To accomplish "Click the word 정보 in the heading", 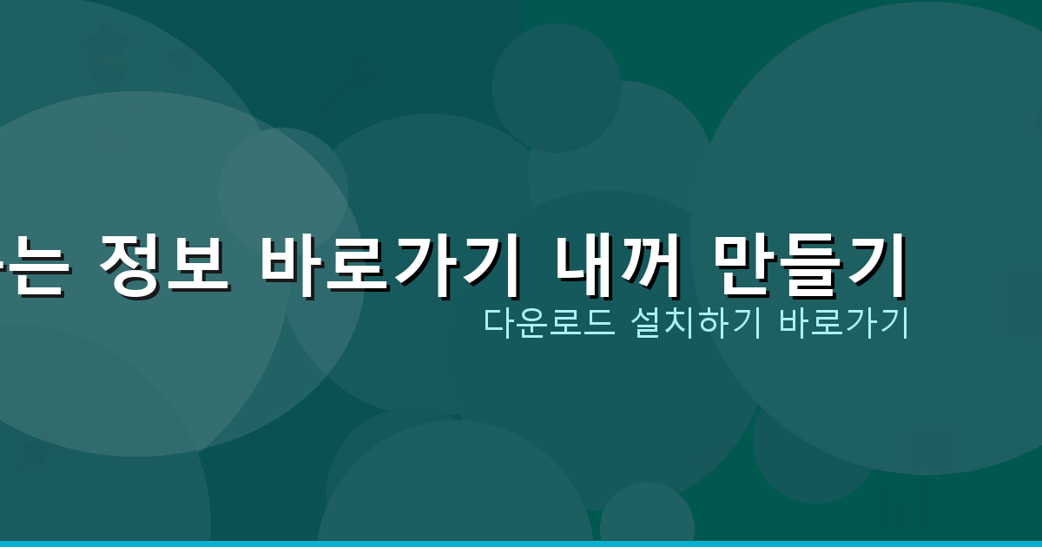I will [x=165, y=264].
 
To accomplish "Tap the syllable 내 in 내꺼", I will [x=584, y=264].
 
